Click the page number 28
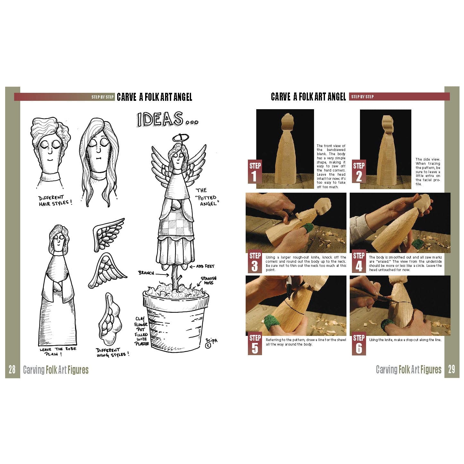(x=12, y=370)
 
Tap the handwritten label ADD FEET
(x=204, y=267)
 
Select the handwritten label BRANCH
(x=146, y=273)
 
